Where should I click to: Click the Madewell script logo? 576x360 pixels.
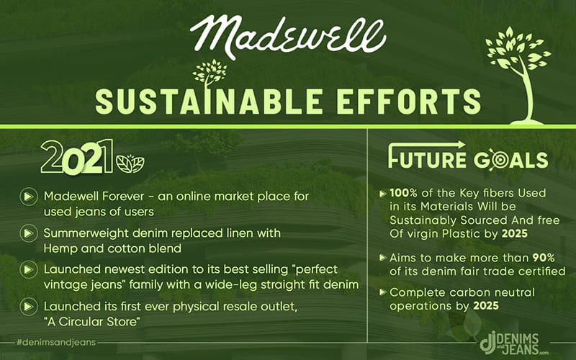click(x=288, y=37)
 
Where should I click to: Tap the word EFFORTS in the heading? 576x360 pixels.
click(x=409, y=101)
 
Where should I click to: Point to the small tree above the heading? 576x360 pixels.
click(x=210, y=73)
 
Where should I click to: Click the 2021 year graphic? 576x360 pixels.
click(x=77, y=157)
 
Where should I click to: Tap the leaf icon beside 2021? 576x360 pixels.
click(x=130, y=164)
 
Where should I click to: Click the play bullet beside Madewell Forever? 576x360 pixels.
click(x=28, y=197)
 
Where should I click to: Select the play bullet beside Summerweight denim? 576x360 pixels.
click(x=28, y=233)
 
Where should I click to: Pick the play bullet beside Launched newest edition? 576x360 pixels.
click(x=28, y=269)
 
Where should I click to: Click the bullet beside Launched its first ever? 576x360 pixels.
click(x=28, y=307)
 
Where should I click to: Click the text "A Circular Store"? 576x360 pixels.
click(x=92, y=322)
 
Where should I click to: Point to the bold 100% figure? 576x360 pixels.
click(x=404, y=193)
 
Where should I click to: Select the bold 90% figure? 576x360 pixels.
click(x=544, y=258)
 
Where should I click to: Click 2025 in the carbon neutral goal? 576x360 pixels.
click(x=485, y=305)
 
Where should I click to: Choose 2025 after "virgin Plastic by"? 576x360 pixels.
click(x=515, y=233)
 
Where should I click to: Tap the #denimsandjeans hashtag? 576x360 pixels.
click(x=56, y=343)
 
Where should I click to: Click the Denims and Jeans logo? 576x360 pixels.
click(x=514, y=343)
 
